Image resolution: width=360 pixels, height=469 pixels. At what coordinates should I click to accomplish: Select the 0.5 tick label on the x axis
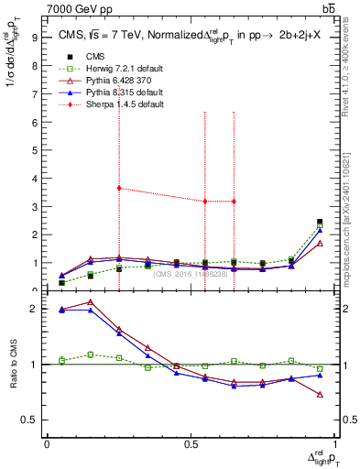(191, 443)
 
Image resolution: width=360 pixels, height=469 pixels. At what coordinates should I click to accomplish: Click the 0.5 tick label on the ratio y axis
(29, 420)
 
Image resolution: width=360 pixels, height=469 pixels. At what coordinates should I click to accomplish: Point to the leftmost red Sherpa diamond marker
(119, 188)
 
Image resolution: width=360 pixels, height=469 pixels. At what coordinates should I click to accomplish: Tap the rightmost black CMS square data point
(320, 222)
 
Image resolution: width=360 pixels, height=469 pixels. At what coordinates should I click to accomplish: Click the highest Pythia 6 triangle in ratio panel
(91, 302)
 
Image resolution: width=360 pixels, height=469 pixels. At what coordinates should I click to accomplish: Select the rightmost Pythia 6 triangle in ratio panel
(320, 395)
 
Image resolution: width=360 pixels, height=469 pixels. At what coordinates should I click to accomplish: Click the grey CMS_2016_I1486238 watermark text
(192, 274)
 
